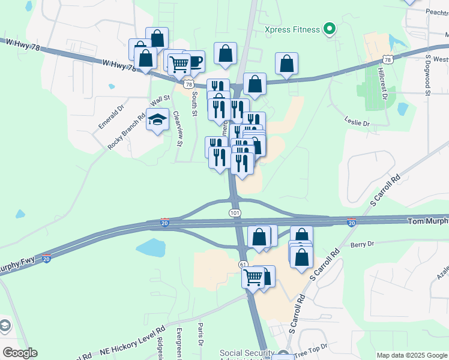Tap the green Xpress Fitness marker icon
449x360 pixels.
coord(329,28)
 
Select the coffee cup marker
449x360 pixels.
coord(193,61)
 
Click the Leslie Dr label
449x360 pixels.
coord(357,122)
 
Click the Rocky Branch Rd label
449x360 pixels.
coord(127,132)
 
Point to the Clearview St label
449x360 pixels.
coord(177,129)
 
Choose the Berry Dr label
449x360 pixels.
coord(362,244)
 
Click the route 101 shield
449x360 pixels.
coord(235,214)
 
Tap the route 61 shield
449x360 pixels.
coord(243,264)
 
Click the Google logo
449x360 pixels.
coord(20,353)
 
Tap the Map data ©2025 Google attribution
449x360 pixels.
coord(411,355)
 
